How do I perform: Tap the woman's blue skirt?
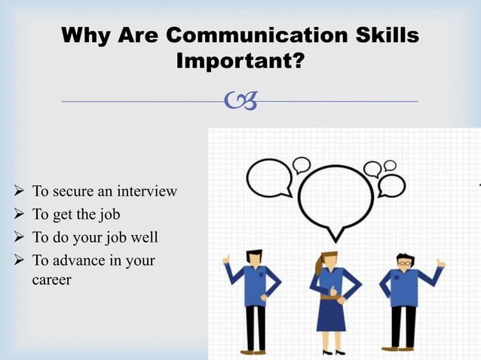click(x=329, y=316)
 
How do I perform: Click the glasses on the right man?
click(x=406, y=263)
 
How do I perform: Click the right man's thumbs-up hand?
click(x=440, y=263)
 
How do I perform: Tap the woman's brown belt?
click(x=329, y=297)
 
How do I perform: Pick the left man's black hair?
click(x=254, y=255)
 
